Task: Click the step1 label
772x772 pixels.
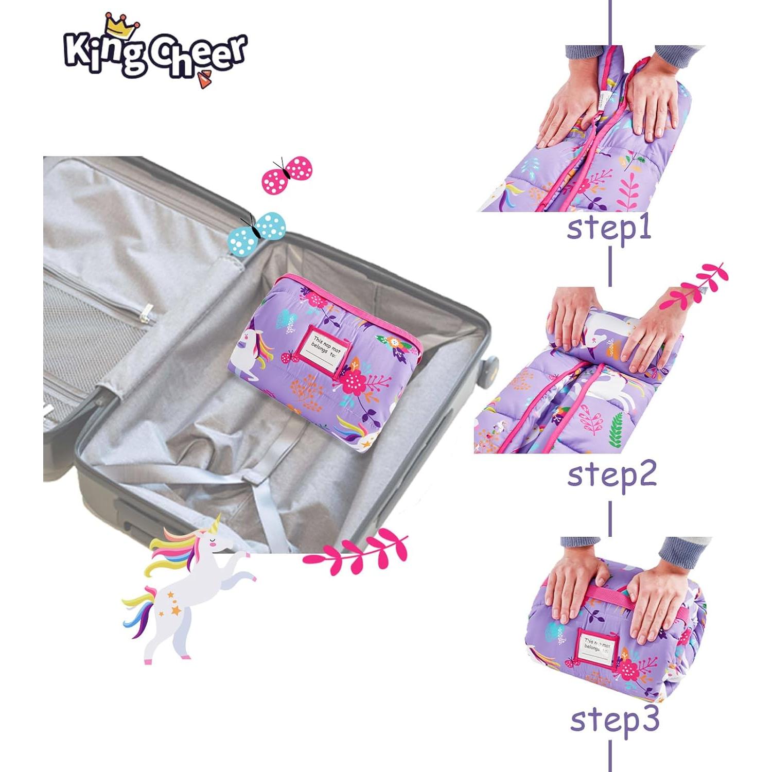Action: pyautogui.click(x=609, y=228)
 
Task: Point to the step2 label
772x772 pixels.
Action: pyautogui.click(x=611, y=475)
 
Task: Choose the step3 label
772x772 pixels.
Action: pyautogui.click(x=615, y=719)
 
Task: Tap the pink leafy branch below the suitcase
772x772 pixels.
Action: pyautogui.click(x=355, y=553)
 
